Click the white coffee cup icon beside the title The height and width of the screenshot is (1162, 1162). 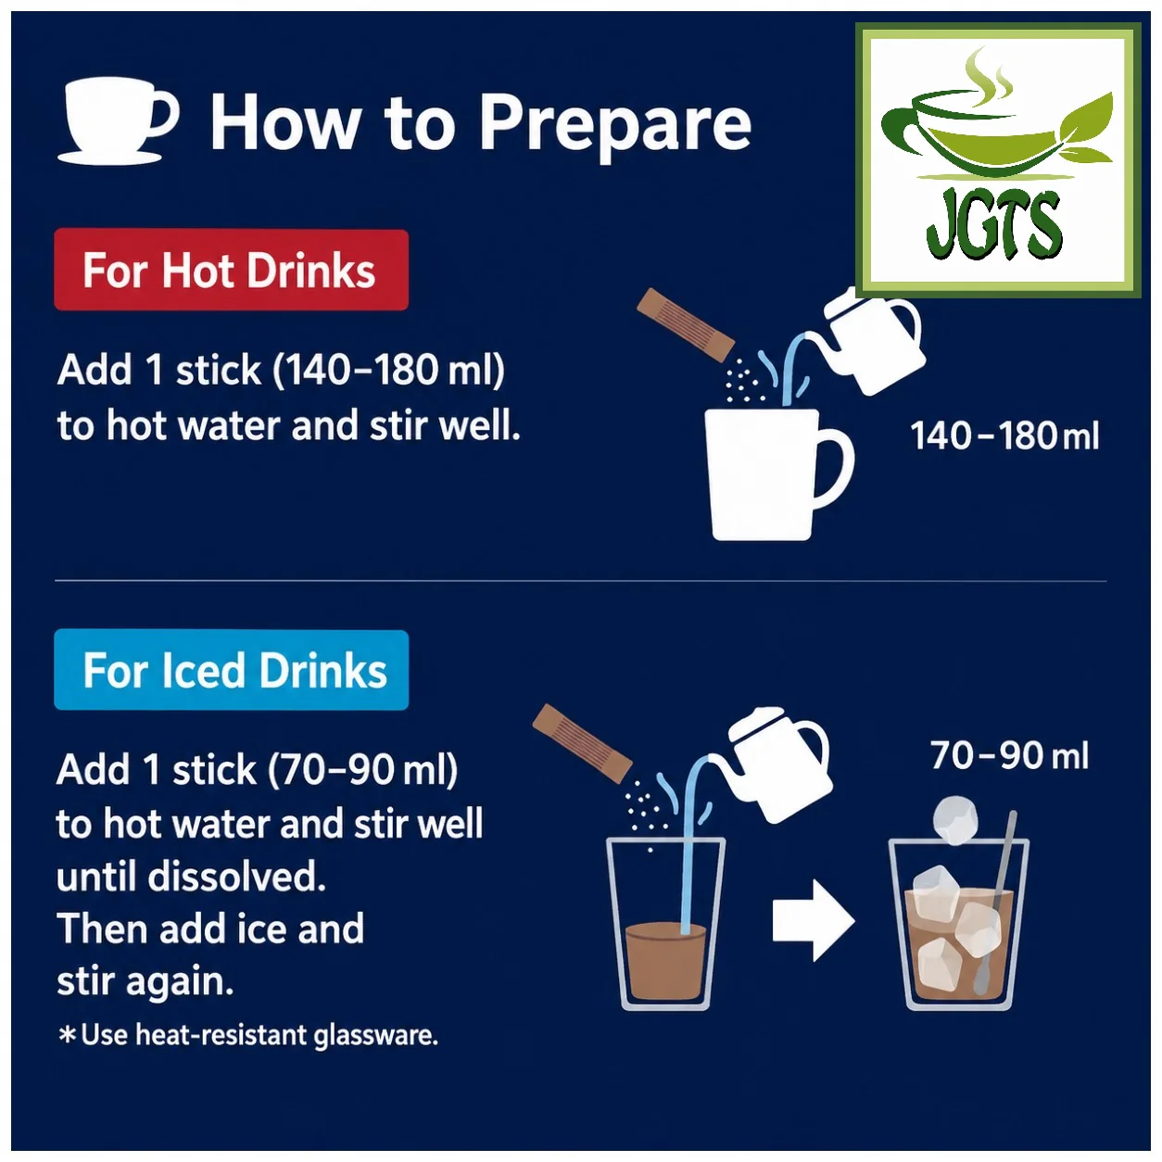tap(116, 120)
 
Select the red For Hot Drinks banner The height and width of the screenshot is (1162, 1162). tap(231, 270)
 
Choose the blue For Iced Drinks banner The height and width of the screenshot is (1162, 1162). tap(231, 669)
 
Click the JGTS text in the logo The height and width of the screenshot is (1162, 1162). tap(994, 225)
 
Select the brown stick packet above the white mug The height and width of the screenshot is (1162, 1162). tap(686, 325)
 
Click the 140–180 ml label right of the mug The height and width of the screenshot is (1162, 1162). tap(1004, 436)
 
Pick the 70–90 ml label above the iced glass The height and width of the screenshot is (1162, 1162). tap(1009, 755)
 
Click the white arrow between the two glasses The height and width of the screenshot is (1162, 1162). tap(814, 920)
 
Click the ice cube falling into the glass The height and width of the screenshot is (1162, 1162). tap(955, 819)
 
